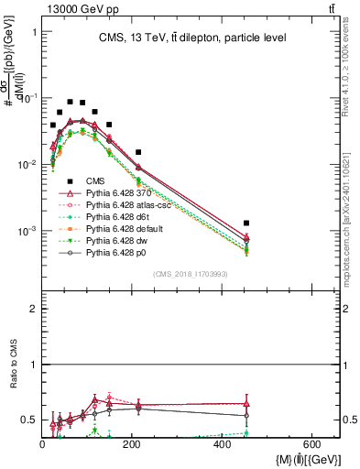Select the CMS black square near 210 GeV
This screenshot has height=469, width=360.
pyautogui.click(x=138, y=152)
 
